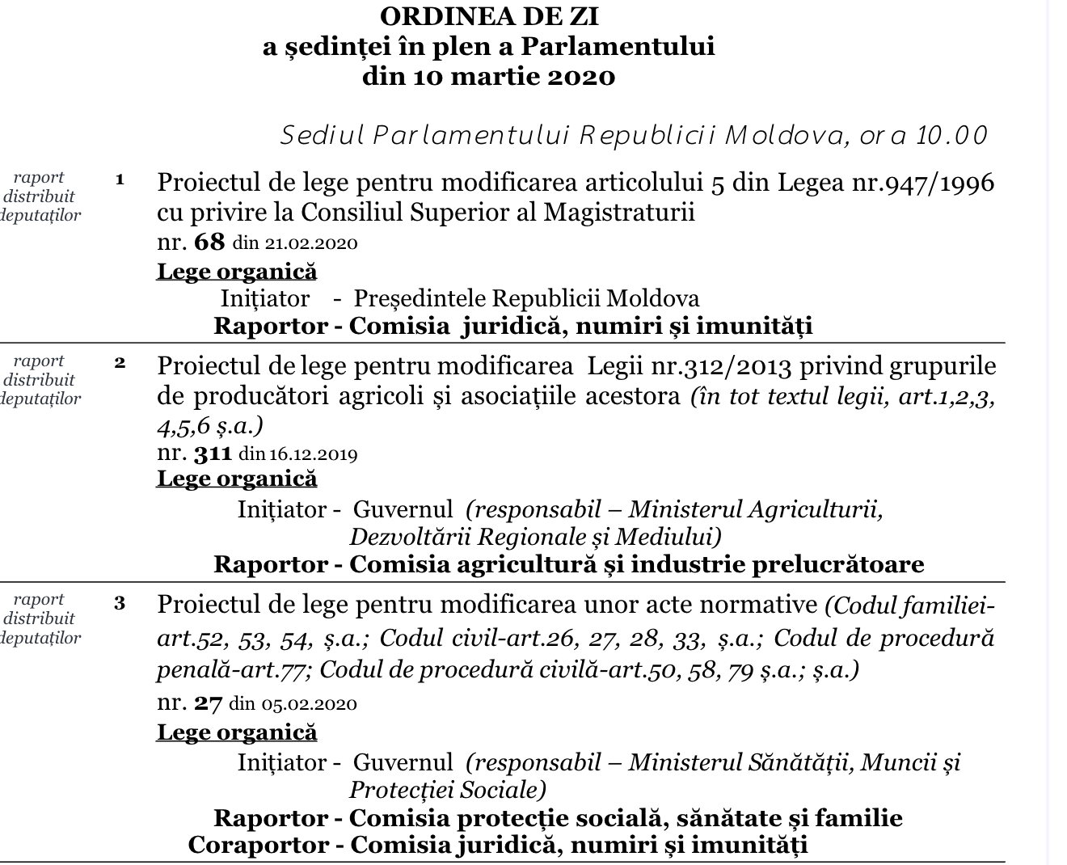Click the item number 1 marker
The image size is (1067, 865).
click(120, 179)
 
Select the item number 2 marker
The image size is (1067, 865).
click(120, 362)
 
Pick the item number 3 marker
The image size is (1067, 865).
click(120, 603)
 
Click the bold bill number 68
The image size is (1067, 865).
click(209, 242)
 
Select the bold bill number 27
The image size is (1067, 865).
click(208, 703)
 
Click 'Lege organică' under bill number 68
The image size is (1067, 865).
click(237, 271)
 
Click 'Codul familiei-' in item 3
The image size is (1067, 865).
click(910, 605)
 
